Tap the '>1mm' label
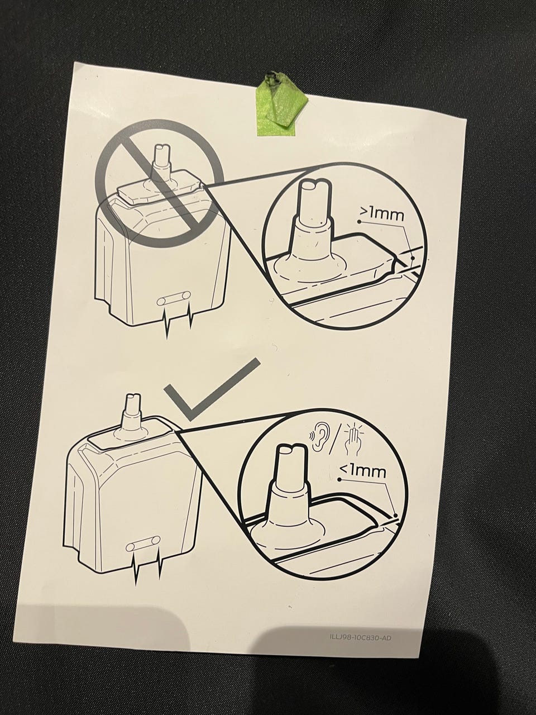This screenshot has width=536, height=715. (x=381, y=214)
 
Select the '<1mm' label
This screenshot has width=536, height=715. (x=362, y=471)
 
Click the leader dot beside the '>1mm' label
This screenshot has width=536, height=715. (x=359, y=221)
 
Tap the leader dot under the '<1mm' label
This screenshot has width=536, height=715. (x=340, y=479)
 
